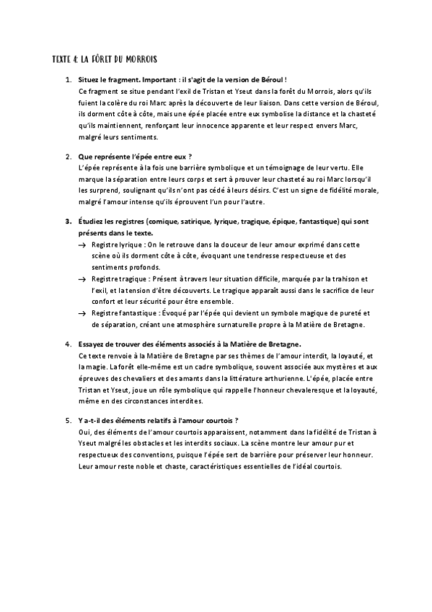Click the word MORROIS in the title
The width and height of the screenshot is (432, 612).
[x=140, y=57]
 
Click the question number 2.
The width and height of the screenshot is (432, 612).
[x=68, y=156]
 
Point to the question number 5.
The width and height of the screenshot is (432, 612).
[x=68, y=420]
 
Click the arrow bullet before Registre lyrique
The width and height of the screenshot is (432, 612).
[x=82, y=246]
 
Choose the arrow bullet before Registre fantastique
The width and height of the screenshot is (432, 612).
[x=82, y=312]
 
